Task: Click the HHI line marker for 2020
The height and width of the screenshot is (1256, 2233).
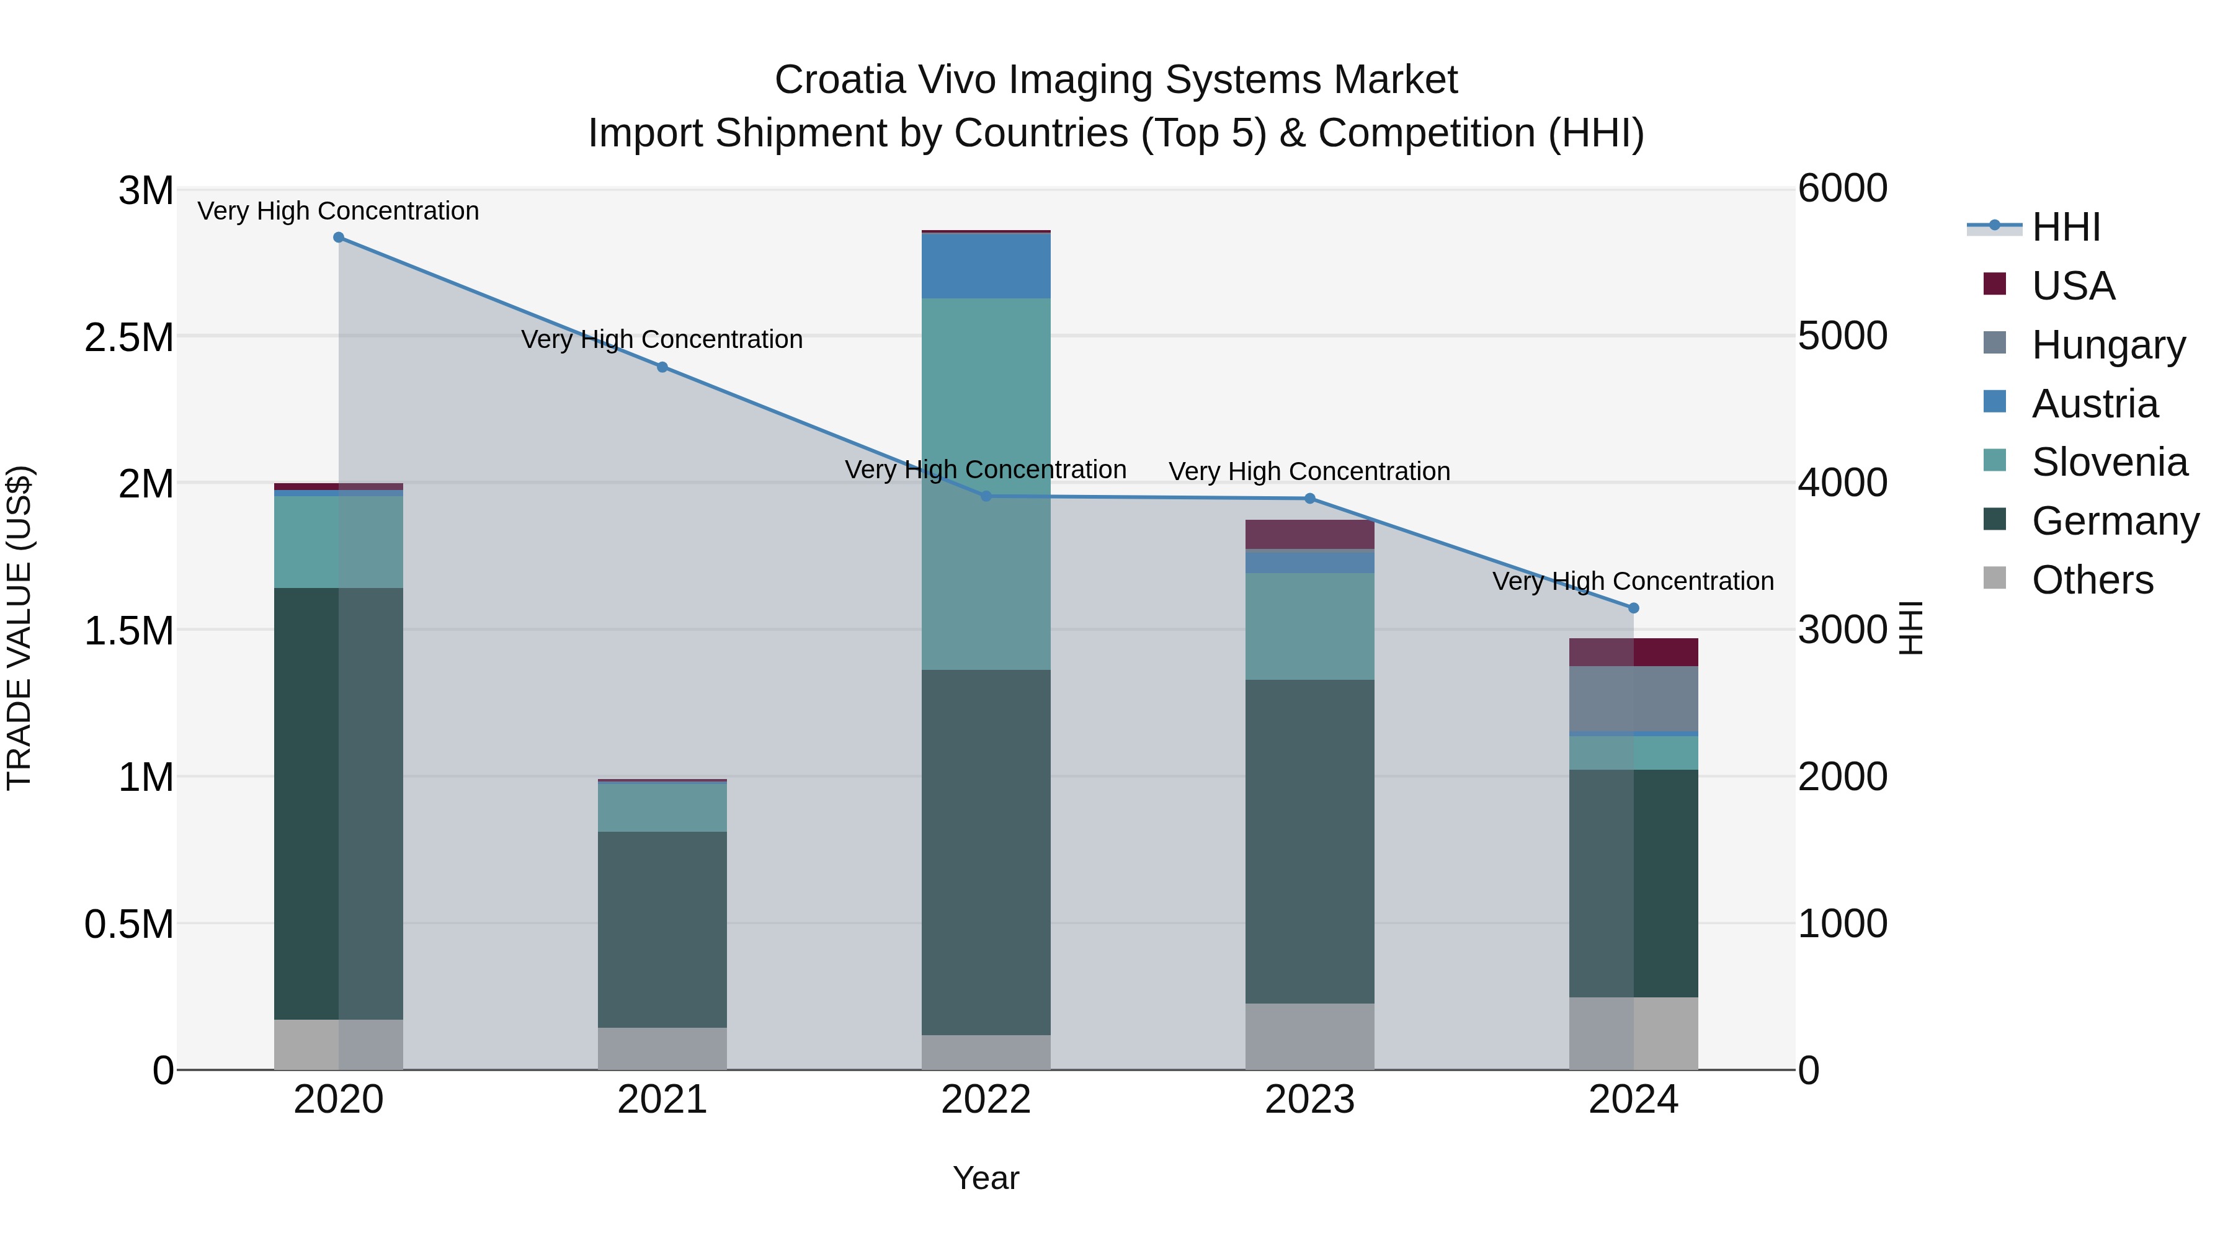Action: pyautogui.click(x=339, y=238)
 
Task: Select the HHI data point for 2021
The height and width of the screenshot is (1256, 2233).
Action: pyautogui.click(x=662, y=367)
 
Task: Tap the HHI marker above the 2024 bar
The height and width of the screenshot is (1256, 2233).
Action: pyautogui.click(x=1634, y=608)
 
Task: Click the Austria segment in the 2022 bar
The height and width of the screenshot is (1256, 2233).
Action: pyautogui.click(x=986, y=266)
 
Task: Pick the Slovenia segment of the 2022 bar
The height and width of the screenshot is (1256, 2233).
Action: pyautogui.click(x=986, y=484)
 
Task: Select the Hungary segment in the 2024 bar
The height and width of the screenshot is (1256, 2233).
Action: pyautogui.click(x=1634, y=698)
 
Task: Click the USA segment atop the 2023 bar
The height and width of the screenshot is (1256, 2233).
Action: pyautogui.click(x=1310, y=534)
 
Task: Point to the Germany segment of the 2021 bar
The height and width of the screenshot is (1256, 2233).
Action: pyautogui.click(x=662, y=929)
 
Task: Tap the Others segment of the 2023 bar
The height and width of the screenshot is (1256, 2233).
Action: pyautogui.click(x=1310, y=1036)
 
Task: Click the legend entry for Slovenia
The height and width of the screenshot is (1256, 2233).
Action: pyautogui.click(x=2108, y=462)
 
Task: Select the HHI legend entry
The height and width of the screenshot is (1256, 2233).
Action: pyautogui.click(x=2065, y=227)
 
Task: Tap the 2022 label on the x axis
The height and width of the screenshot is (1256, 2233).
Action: pyautogui.click(x=986, y=1100)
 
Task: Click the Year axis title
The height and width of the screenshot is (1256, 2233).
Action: pyautogui.click(x=986, y=1178)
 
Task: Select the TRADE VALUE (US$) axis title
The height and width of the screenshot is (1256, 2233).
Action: pyautogui.click(x=20, y=628)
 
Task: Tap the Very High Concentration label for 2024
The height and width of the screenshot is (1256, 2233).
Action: pyautogui.click(x=1633, y=581)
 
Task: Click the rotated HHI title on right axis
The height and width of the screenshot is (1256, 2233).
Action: pyautogui.click(x=1910, y=628)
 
